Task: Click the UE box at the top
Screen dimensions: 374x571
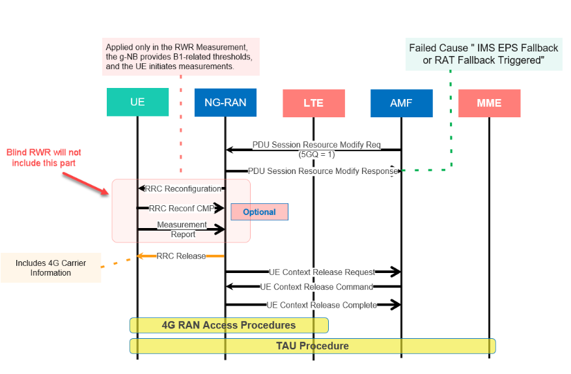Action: tap(137, 102)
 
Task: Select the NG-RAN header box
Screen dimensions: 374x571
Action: tap(225, 102)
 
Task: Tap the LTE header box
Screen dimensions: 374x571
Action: tap(313, 103)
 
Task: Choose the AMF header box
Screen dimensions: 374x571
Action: tap(401, 103)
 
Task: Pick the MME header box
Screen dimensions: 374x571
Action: tap(489, 103)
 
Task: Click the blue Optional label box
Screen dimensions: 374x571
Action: tap(259, 212)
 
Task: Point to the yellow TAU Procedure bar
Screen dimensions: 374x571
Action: tap(313, 345)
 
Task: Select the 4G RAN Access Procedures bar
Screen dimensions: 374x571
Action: tap(229, 325)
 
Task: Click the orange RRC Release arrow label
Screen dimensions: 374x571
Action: tap(181, 256)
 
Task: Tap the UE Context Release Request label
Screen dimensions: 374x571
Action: tap(322, 272)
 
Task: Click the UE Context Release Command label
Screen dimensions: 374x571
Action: tap(316, 287)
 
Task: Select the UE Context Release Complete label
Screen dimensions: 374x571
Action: tap(322, 304)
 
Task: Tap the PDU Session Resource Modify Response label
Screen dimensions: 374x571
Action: tap(322, 171)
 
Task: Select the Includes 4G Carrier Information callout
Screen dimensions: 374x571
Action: tap(51, 268)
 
